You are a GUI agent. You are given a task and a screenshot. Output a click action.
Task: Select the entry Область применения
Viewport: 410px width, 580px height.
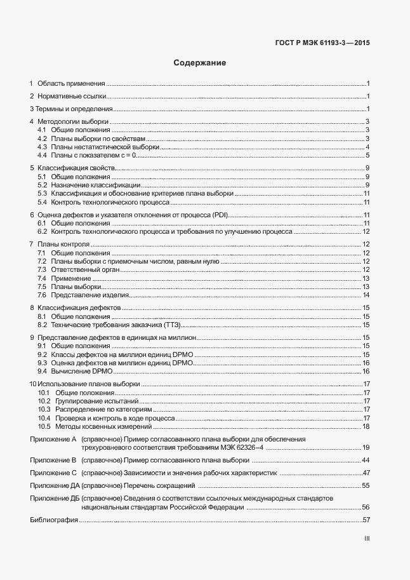[71, 83]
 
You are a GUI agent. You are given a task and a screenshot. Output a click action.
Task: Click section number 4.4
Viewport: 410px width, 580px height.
[43, 155]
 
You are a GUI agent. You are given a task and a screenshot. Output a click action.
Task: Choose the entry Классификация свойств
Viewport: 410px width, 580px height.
[76, 168]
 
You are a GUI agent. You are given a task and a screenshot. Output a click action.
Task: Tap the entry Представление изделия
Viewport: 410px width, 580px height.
[90, 295]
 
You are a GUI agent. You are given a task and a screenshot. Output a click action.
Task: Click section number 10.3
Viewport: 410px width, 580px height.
[44, 410]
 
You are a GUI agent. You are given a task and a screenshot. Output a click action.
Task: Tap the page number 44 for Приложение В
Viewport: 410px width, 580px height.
[366, 459]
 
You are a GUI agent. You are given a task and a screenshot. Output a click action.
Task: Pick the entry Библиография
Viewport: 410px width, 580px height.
[54, 520]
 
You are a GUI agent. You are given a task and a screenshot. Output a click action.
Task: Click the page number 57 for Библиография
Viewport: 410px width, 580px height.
[366, 520]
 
